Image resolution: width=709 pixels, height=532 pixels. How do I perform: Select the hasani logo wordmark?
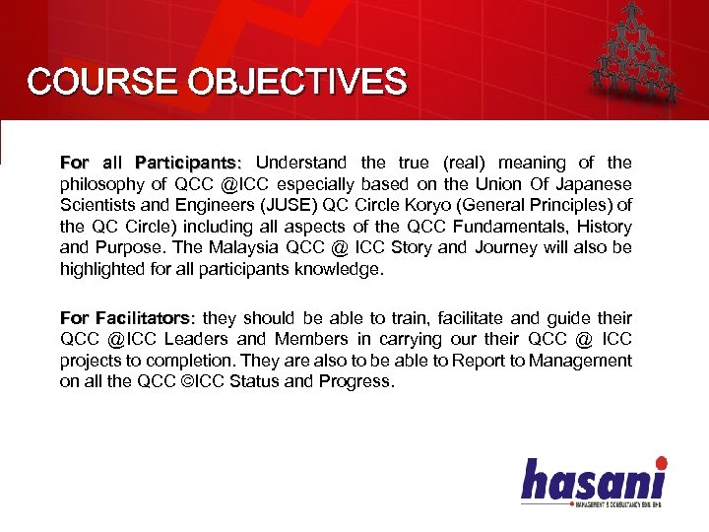593,482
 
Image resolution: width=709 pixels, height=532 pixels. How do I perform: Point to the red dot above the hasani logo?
661,462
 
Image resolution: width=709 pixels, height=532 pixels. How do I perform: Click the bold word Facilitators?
142,318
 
